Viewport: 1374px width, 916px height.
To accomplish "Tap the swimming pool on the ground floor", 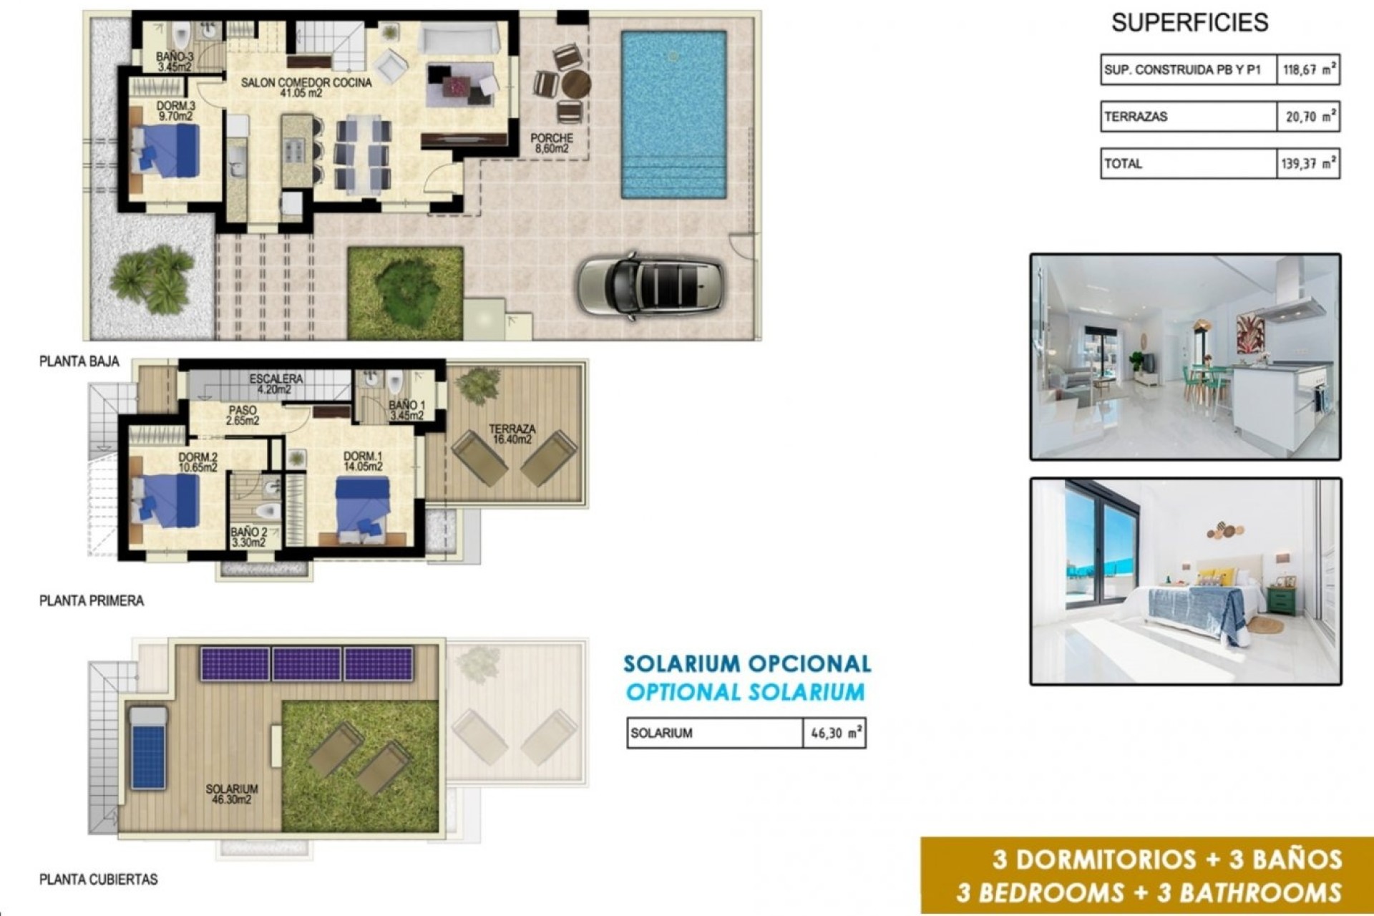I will click(673, 114).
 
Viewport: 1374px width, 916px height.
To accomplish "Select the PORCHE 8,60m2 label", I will click(551, 143).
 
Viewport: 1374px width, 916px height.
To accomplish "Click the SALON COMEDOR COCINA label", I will click(306, 87).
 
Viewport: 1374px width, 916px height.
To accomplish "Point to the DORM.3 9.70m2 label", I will click(175, 111).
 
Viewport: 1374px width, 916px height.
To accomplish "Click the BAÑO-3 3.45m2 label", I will click(175, 62).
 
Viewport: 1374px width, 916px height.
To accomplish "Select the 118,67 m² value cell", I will click(1308, 70).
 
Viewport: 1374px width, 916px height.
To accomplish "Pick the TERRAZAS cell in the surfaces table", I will click(1188, 117).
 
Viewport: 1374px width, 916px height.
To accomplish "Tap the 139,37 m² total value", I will click(1308, 164).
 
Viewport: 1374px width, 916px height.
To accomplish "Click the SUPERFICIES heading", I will click(1189, 23).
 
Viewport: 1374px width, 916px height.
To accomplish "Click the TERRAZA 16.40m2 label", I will click(512, 434).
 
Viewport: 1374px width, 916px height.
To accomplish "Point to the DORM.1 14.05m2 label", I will click(363, 462).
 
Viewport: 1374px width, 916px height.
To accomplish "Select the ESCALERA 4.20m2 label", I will click(276, 384).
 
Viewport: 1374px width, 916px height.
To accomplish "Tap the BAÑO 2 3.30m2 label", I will click(248, 537).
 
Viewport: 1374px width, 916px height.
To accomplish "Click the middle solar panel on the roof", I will click(306, 664).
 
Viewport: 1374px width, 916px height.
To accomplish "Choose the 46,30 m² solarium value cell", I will click(834, 734).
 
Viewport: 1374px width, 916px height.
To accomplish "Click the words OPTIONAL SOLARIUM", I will click(745, 692).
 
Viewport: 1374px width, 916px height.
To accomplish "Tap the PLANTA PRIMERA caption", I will click(92, 601).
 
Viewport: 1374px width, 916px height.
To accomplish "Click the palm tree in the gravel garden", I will click(152, 278).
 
